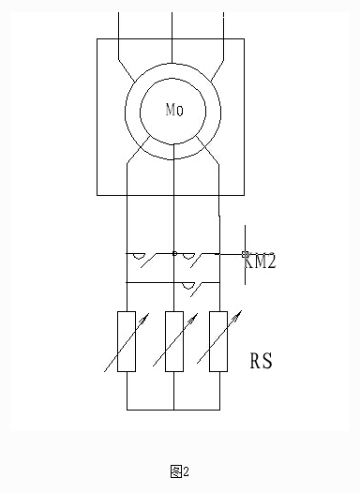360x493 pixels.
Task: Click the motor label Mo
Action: pyautogui.click(x=173, y=111)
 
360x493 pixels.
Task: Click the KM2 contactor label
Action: pyautogui.click(x=261, y=263)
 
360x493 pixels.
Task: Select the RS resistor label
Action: pyautogui.click(x=261, y=361)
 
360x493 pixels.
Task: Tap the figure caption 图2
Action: pyautogui.click(x=180, y=470)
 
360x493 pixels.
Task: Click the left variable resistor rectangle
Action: pyautogui.click(x=127, y=342)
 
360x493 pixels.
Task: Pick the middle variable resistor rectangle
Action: pyautogui.click(x=173, y=342)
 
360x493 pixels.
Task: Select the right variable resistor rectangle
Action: pyautogui.click(x=219, y=342)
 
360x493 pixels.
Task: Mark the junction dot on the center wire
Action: pyautogui.click(x=173, y=253)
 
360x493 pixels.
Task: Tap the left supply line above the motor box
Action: pyautogui.click(x=120, y=26)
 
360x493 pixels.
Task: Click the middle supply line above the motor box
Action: pyautogui.click(x=173, y=26)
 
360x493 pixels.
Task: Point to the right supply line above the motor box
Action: pyautogui.click(x=226, y=26)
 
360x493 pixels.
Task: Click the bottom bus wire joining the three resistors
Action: pyautogui.click(x=173, y=409)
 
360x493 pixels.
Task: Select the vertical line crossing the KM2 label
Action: pyautogui.click(x=246, y=281)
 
